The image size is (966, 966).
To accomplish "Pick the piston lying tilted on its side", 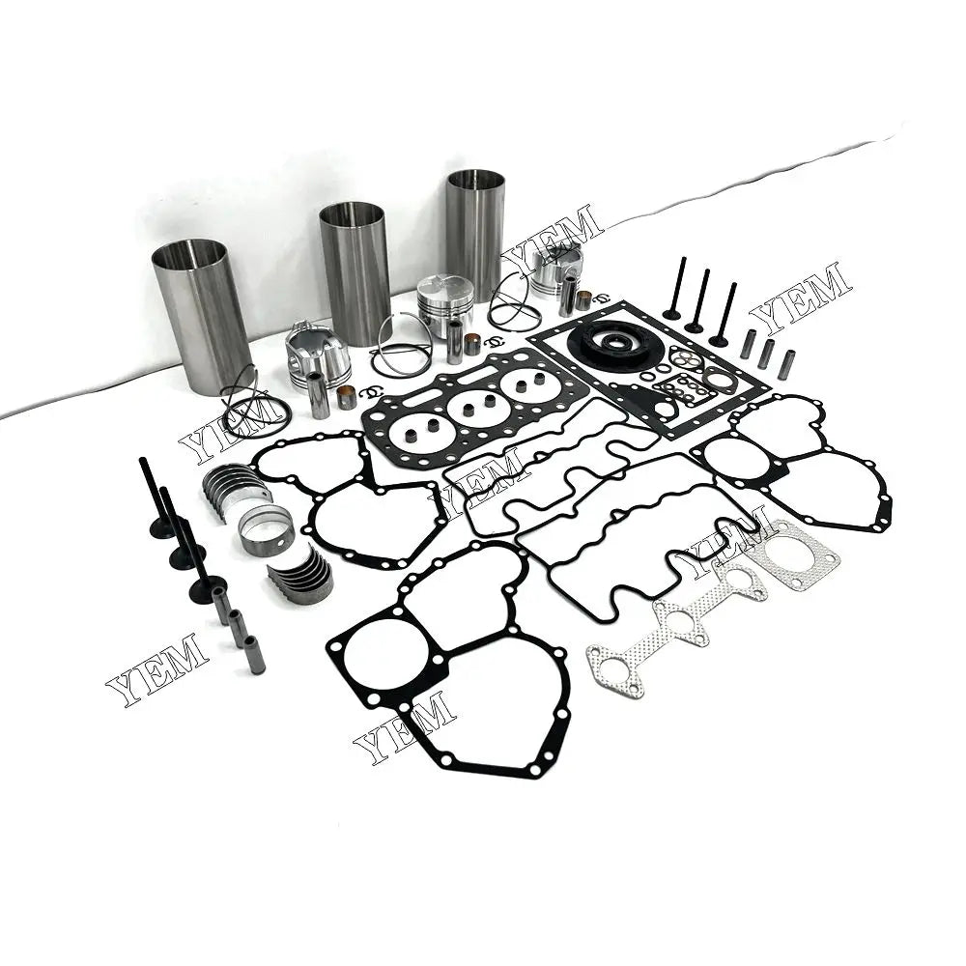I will pyautogui.click(x=319, y=355).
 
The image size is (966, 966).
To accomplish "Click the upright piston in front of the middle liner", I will pyautogui.click(x=445, y=302).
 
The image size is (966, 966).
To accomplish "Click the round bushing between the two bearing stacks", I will pyautogui.click(x=266, y=529).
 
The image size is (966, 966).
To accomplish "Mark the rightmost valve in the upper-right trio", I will pyautogui.click(x=723, y=314).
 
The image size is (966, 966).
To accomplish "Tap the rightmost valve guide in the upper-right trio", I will pyautogui.click(x=787, y=363).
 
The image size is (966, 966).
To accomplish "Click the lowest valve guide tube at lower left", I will pyautogui.click(x=254, y=654).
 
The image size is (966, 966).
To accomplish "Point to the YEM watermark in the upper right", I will pyautogui.click(x=801, y=296).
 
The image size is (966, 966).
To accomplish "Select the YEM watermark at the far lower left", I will pyautogui.click(x=156, y=668).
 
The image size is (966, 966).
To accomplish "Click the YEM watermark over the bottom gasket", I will pyautogui.click(x=405, y=726).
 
